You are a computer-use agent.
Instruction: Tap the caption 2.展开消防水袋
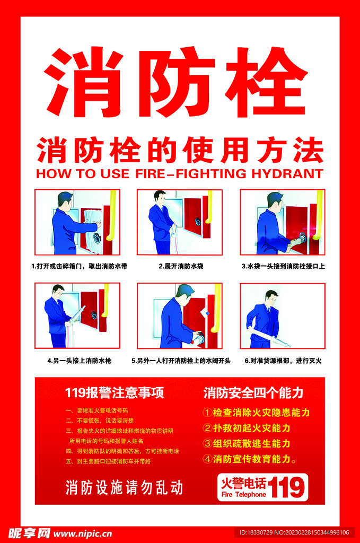click(x=181, y=266)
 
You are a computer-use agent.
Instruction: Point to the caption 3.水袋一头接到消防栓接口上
click(x=283, y=266)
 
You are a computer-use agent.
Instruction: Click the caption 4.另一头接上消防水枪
click(x=79, y=361)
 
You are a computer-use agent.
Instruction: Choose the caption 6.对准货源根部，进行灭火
click(x=283, y=361)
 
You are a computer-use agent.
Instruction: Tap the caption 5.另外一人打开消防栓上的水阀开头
click(x=181, y=361)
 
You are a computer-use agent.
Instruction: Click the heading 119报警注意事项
click(x=114, y=393)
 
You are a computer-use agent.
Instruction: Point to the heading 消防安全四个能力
click(x=253, y=393)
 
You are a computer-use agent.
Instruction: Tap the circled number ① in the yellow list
click(x=207, y=413)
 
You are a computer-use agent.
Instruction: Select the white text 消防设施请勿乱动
click(x=124, y=487)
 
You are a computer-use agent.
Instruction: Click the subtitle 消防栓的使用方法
click(x=180, y=150)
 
